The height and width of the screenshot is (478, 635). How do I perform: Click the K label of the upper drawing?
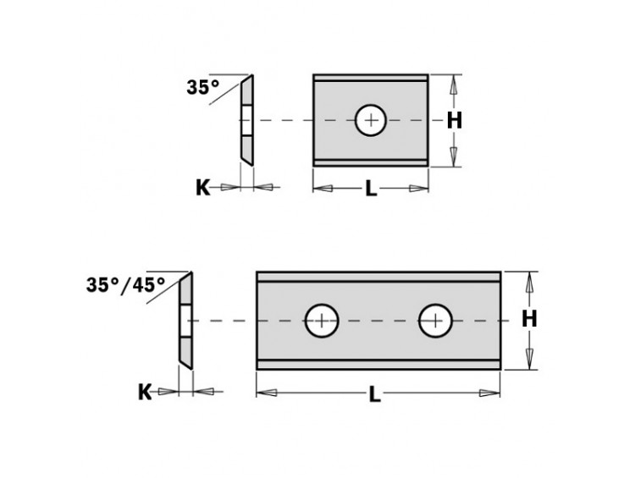pyautogui.click(x=202, y=188)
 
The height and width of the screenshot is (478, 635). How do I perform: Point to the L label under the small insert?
pyautogui.click(x=370, y=189)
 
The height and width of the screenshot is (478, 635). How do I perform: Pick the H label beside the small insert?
pyautogui.click(x=455, y=121)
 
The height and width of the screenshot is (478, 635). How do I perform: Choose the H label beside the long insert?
pyautogui.click(x=529, y=319)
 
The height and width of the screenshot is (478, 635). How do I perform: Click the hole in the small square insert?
pyautogui.click(x=370, y=120)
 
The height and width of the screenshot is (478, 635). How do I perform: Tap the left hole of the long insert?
pyautogui.click(x=322, y=320)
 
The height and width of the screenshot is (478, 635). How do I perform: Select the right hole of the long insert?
pyautogui.click(x=435, y=320)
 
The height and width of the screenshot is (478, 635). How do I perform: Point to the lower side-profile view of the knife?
pyautogui.click(x=185, y=320)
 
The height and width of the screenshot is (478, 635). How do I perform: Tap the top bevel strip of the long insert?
pyautogui.click(x=378, y=277)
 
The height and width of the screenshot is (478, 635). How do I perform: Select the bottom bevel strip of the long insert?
pyautogui.click(x=378, y=363)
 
